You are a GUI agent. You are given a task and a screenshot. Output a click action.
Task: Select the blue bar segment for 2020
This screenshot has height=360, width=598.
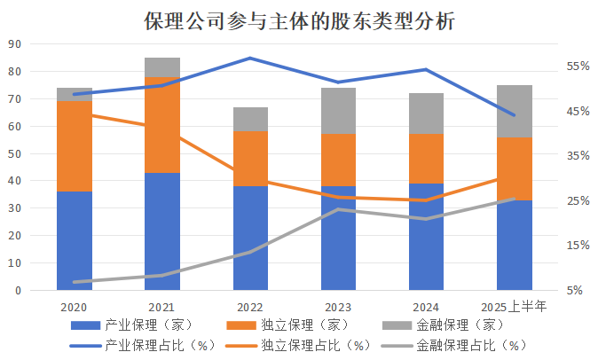coord(75,240)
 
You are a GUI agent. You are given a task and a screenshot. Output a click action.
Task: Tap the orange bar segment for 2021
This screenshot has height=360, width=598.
coord(162,125)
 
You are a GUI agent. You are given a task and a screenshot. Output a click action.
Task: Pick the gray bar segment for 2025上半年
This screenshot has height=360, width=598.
coord(515,112)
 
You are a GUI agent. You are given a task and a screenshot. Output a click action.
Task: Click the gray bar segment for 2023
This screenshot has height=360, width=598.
coord(338,111)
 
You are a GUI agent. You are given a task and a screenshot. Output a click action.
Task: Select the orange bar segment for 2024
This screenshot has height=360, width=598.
coord(427,159)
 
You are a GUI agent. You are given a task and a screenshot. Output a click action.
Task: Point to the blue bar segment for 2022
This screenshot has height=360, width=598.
coord(250,238)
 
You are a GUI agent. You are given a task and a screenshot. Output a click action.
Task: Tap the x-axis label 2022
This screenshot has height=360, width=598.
coord(250,307)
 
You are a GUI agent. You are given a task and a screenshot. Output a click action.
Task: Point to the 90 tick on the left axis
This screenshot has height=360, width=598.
coord(14,44)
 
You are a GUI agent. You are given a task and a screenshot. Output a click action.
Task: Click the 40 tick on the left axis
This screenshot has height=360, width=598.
coord(14,181)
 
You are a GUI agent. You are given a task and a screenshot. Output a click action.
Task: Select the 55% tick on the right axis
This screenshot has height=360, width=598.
coord(578,67)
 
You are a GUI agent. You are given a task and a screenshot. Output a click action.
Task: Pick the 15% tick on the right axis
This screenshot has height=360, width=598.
coord(578,246)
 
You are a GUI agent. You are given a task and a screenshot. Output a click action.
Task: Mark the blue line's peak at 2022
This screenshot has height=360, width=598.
coord(250,58)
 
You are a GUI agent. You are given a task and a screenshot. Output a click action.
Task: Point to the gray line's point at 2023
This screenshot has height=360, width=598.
coord(338,209)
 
